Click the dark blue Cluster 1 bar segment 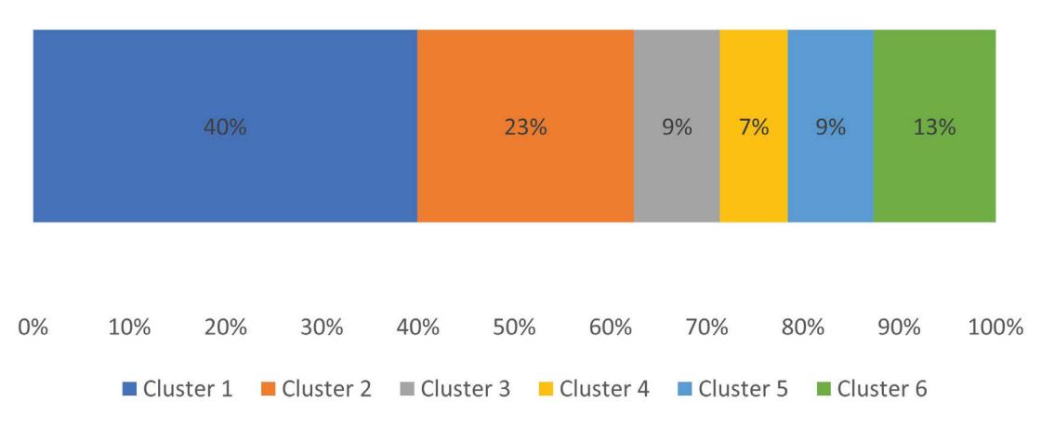tap(225, 126)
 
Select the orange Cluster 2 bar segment tap(526, 126)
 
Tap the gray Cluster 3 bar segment tap(677, 126)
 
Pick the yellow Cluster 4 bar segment tap(754, 126)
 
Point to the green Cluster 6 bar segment tap(935, 126)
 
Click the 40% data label tap(225, 127)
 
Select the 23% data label tap(526, 127)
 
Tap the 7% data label tap(754, 127)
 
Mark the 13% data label tap(935, 127)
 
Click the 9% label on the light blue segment tap(831, 127)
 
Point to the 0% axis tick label tap(33, 328)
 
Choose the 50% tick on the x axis tap(514, 328)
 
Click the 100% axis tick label tap(995, 328)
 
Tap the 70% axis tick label tap(706, 328)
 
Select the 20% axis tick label tap(226, 328)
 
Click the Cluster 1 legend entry tap(178, 388)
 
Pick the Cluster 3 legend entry tap(455, 388)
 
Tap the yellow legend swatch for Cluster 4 tap(546, 389)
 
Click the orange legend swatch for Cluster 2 tap(269, 389)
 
